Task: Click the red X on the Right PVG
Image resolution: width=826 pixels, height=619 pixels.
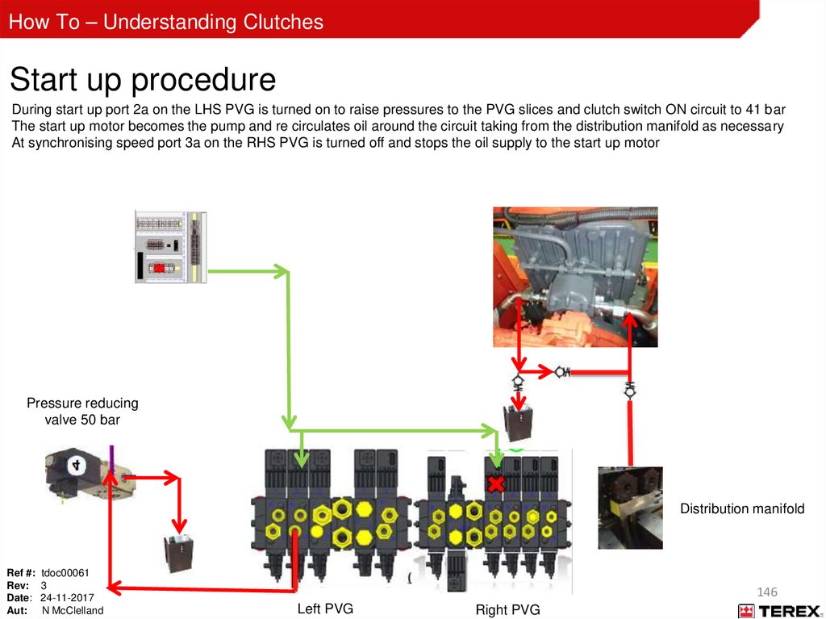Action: coord(495,484)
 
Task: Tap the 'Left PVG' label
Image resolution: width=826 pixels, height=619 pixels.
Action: coord(325,609)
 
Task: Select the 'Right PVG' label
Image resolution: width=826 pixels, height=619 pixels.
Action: coord(507,609)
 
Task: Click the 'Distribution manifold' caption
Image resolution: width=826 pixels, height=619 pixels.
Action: coord(742,508)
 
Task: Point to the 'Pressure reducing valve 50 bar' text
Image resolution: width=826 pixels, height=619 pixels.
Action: coord(82,411)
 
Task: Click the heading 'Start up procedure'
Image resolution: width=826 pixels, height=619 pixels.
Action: coord(143,80)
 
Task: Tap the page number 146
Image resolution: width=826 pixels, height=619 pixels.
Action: coord(767,593)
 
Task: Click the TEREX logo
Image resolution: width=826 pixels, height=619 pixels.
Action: coord(780,611)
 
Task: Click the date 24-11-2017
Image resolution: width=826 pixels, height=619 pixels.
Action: coord(68,597)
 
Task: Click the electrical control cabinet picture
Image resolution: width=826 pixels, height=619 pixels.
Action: coord(170,247)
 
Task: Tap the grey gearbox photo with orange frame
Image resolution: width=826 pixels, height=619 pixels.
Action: coord(575,276)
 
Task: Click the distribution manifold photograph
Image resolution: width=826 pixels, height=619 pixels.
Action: coord(630,508)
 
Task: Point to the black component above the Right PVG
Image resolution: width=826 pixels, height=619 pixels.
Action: coord(516,420)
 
